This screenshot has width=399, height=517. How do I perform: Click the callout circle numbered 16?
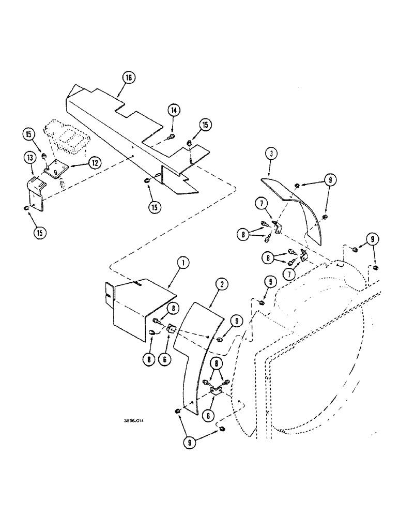click(x=128, y=78)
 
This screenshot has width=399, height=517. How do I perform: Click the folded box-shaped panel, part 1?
click(x=134, y=305)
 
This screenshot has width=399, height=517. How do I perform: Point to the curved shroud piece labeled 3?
click(x=297, y=207)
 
